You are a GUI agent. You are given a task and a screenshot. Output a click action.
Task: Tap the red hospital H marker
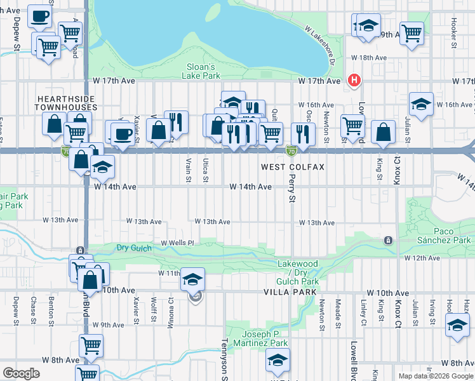(354, 81)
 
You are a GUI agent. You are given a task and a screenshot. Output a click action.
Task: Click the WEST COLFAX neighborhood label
(293, 167)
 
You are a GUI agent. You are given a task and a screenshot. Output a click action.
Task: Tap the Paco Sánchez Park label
(444, 236)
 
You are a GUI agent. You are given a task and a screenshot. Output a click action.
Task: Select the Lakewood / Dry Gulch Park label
(298, 272)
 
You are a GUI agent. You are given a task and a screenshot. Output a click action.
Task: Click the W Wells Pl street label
(177, 243)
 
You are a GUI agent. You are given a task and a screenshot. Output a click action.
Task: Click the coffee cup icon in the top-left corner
(39, 17)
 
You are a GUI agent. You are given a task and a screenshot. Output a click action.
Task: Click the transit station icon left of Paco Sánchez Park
(387, 240)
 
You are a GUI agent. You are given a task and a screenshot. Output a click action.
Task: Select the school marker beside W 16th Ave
(421, 104)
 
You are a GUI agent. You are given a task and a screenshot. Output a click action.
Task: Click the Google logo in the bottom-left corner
(22, 373)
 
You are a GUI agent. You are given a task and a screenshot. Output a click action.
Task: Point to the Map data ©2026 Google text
(435, 376)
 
